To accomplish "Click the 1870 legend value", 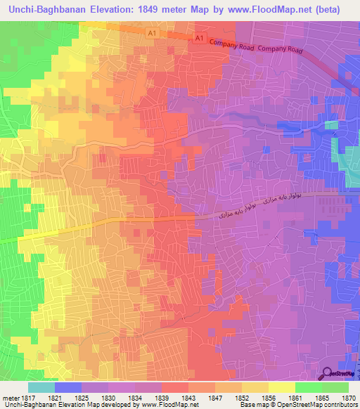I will tap(348, 397).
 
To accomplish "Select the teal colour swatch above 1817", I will tap(41, 387).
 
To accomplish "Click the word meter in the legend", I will tap(11, 397).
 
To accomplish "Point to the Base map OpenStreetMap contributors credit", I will tap(296, 405).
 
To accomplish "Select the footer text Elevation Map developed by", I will tap(93, 405).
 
